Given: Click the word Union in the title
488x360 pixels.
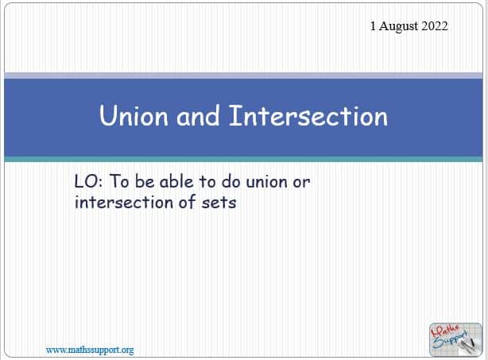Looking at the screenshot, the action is [x=134, y=115].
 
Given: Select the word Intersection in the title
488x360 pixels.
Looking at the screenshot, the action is [x=308, y=115].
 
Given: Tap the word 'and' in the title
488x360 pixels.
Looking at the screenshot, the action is [x=198, y=115].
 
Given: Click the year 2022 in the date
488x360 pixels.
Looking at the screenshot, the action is [x=435, y=25].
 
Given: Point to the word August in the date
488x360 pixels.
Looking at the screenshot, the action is [x=399, y=26].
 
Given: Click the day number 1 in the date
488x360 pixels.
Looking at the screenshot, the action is [x=373, y=25].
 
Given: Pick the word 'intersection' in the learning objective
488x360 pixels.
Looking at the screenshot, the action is [x=124, y=202].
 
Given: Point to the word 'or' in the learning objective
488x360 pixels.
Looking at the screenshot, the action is [x=301, y=183].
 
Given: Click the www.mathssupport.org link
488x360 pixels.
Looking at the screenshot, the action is [x=90, y=350].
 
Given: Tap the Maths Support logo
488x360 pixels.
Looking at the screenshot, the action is [x=455, y=340].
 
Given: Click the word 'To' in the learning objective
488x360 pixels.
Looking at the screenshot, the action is [x=119, y=181].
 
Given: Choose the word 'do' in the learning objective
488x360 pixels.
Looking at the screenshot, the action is [x=230, y=181].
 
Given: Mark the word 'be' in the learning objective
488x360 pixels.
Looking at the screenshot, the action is [x=145, y=181].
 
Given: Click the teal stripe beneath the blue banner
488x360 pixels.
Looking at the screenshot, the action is [x=244, y=160].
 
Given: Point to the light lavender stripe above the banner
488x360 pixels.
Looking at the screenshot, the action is [x=244, y=75].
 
